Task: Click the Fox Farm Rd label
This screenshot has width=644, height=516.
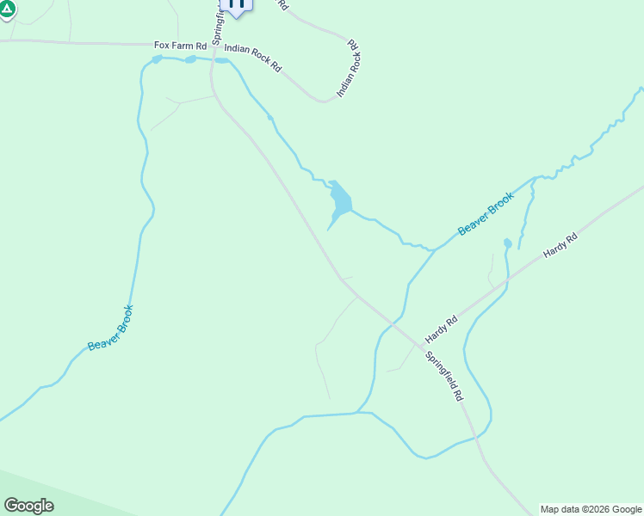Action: coord(180,45)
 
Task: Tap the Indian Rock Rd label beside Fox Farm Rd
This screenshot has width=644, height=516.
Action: coord(252,58)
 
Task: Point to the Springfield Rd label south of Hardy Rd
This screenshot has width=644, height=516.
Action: coord(445,376)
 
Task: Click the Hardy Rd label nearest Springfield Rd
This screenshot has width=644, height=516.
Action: coord(440,327)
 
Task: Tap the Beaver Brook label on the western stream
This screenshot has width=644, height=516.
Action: coord(110,328)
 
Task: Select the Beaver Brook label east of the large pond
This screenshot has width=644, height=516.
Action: coord(486,213)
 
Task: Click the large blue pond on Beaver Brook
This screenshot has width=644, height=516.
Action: coord(340,200)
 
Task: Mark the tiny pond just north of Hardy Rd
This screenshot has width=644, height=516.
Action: coord(507,243)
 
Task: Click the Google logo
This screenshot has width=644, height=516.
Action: coord(28,506)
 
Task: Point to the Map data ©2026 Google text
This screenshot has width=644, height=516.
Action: coord(591,509)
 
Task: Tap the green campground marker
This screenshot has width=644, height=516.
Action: coord(8,9)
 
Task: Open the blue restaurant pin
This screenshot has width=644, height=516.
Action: coord(236,5)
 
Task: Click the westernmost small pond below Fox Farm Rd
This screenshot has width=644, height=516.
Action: coord(157,59)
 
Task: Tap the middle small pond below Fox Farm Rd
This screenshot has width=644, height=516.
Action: coord(190,59)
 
